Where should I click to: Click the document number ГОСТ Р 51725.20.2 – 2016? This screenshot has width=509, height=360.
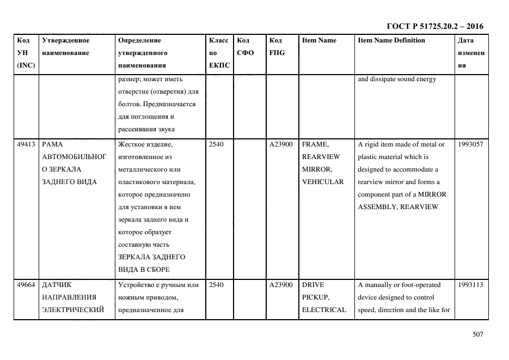434,26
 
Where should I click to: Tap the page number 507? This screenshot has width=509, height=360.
477,334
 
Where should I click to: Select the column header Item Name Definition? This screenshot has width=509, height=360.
391,40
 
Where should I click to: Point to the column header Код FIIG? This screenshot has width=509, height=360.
277,47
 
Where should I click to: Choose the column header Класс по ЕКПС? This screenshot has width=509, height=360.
219,53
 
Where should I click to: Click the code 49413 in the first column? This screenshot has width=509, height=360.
26,144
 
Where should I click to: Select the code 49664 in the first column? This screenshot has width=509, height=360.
26,285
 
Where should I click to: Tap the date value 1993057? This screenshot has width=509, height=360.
470,144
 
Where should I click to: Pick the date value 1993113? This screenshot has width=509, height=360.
470,285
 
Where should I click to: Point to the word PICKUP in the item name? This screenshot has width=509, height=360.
315,297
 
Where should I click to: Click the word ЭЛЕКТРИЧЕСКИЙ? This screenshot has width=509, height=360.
73,310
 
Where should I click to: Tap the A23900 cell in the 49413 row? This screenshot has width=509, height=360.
281,144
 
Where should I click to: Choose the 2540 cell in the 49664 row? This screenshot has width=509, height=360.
216,285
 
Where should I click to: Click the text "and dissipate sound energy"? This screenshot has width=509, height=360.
397,79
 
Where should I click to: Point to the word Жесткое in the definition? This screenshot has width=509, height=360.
131,144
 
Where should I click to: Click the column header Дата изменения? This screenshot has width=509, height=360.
471,53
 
